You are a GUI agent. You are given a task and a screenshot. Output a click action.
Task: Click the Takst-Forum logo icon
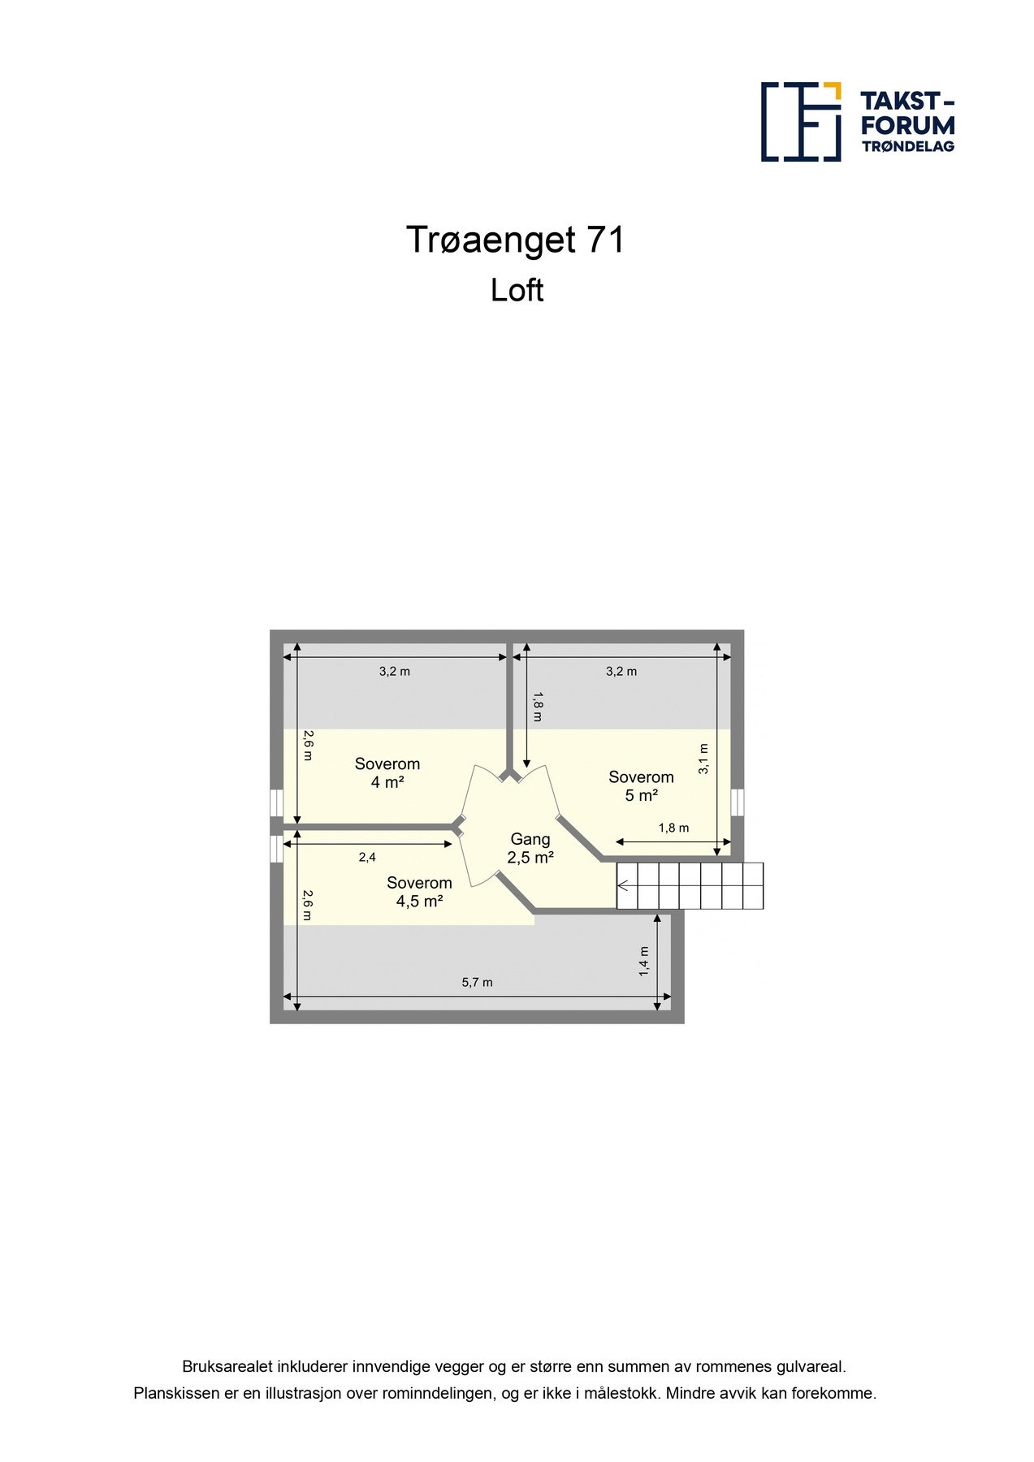(800, 121)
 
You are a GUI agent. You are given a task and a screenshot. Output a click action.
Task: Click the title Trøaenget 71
(516, 240)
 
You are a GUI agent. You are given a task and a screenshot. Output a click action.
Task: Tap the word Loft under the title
(517, 291)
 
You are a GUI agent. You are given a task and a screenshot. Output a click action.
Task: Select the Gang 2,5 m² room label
(530, 848)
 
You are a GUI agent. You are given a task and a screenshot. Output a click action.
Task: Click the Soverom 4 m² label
(387, 772)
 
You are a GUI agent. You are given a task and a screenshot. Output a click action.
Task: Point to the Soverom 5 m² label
(641, 786)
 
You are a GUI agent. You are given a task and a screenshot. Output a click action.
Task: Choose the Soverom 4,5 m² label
(419, 892)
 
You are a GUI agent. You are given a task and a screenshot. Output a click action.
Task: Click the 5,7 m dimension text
(478, 982)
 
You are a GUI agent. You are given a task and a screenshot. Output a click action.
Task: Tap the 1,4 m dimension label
(643, 961)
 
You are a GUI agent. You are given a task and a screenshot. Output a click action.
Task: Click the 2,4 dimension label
(367, 857)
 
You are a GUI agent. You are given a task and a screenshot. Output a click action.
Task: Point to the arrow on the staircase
(623, 885)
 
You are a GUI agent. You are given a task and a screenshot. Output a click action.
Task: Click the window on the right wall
(738, 802)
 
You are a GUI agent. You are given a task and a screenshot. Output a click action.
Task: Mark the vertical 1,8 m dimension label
(537, 706)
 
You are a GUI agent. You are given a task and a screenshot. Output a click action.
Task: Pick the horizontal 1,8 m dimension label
(673, 828)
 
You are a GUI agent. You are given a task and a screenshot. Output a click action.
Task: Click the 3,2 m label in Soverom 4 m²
(395, 671)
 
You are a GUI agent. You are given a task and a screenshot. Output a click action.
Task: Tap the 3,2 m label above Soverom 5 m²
(621, 671)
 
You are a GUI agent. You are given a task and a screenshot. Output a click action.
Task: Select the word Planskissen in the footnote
(175, 1393)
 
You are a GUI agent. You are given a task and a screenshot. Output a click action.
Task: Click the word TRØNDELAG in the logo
(908, 147)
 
